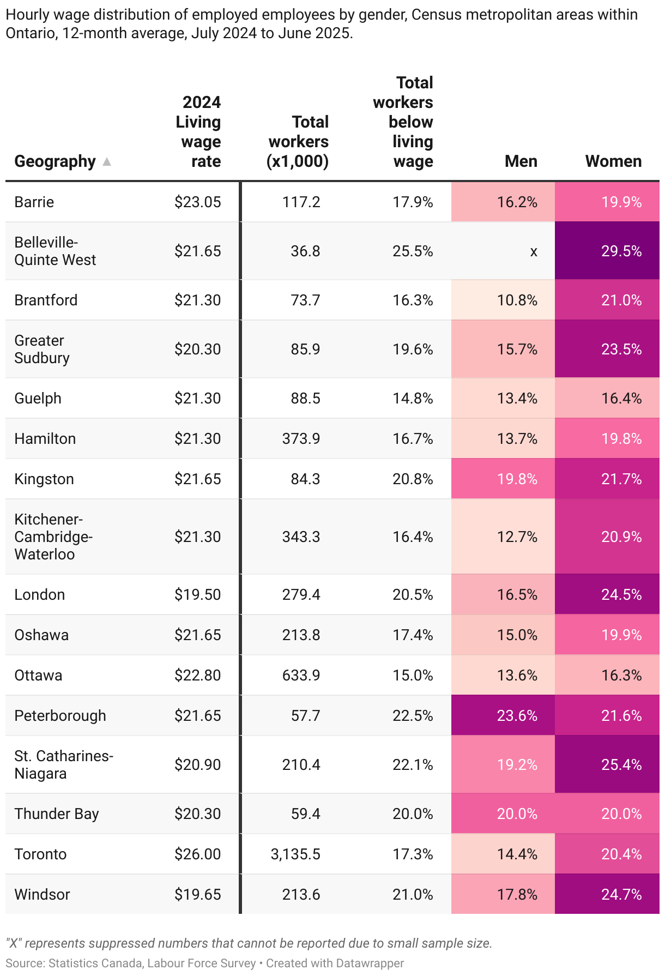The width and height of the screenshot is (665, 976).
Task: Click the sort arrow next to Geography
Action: [x=107, y=161]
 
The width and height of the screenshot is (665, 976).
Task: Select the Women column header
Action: [x=613, y=161]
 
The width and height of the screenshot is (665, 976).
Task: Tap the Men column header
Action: [x=521, y=161]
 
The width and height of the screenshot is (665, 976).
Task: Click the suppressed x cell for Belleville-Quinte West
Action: [x=534, y=251]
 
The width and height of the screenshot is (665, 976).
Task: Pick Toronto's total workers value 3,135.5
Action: [x=295, y=854]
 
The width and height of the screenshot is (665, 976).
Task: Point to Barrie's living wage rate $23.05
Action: [x=197, y=202]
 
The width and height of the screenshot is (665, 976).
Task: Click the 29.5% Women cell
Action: [x=621, y=251]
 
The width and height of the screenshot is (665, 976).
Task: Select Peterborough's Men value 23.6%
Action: [x=517, y=715]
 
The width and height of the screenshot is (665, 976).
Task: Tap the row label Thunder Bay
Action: [x=57, y=814]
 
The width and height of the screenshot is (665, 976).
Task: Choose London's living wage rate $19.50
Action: [x=197, y=594]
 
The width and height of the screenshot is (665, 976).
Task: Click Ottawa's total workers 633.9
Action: [x=301, y=675]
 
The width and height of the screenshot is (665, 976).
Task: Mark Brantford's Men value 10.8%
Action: [x=517, y=300]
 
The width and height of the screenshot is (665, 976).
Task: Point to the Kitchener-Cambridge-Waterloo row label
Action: [x=53, y=537]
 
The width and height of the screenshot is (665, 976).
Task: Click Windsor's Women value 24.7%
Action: [x=621, y=894]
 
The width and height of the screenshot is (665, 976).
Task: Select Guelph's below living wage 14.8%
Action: [x=413, y=399]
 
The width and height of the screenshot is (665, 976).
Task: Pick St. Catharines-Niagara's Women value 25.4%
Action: [x=621, y=764]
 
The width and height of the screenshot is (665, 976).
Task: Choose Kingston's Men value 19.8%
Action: [x=517, y=479]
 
